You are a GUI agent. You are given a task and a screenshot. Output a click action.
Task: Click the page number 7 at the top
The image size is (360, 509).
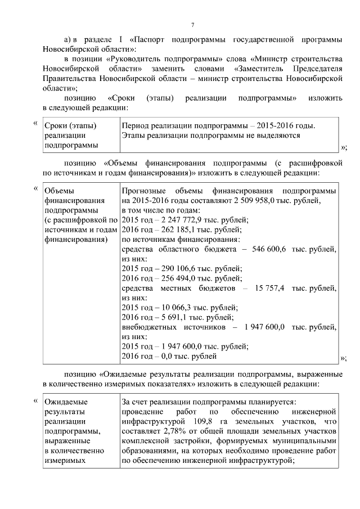click(192, 25)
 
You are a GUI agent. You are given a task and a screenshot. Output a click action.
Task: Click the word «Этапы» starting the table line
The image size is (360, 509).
click(133, 135)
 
